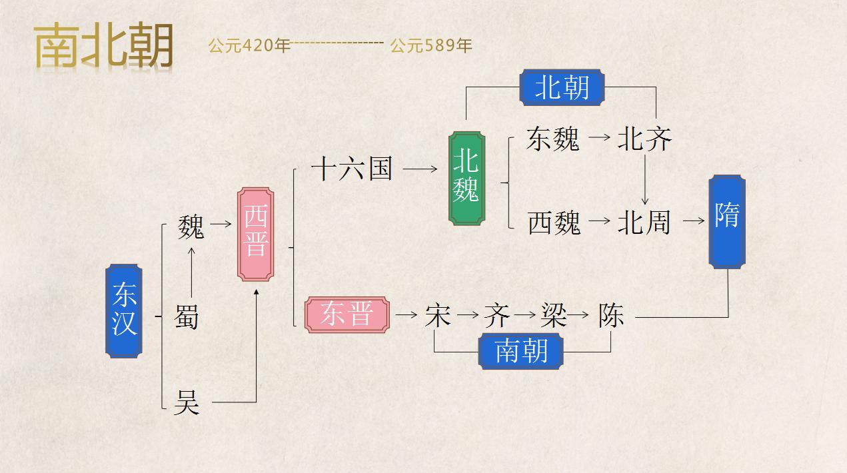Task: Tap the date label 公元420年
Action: coord(249,46)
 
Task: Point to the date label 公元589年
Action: coord(431,46)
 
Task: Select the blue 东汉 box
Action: coord(124,311)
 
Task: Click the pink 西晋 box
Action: coord(256,233)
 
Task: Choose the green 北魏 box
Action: coord(466,178)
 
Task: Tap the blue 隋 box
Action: coord(726,221)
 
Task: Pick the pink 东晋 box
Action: coord(347,315)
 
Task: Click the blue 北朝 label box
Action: coord(561,87)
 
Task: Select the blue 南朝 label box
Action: coord(521,350)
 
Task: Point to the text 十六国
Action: coord(352,169)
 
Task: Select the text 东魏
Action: coord(552,139)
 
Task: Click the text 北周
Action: coord(644,222)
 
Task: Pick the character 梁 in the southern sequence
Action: coord(554,315)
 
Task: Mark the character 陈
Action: coord(611,315)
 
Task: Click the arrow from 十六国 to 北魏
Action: coord(420,169)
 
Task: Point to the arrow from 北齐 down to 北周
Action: coord(645,180)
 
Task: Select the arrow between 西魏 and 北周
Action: coord(600,221)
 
